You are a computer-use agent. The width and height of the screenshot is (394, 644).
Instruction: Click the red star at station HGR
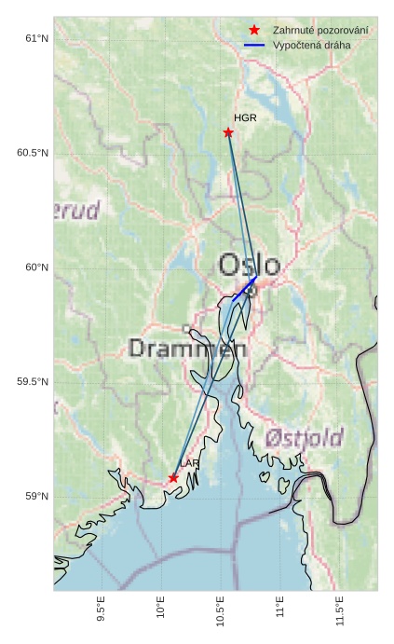tap(228, 132)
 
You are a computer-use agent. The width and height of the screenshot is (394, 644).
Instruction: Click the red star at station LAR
tap(173, 477)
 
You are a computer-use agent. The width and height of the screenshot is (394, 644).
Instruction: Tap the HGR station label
tap(245, 118)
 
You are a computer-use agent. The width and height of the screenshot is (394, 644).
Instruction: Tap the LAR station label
tap(190, 463)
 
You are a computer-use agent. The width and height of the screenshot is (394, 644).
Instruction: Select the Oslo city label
tap(249, 265)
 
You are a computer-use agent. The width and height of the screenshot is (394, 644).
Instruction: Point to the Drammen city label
tap(187, 349)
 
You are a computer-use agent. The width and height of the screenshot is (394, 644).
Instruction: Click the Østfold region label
tap(304, 437)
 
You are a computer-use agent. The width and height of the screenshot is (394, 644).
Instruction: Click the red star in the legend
tap(254, 31)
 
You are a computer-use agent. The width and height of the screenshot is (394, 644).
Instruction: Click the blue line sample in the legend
tap(254, 46)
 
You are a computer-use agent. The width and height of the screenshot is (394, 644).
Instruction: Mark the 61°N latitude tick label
tap(36, 38)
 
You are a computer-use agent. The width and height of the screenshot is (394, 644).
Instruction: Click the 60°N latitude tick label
tap(36, 267)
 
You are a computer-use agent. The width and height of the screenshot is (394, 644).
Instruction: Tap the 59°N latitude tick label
tap(36, 497)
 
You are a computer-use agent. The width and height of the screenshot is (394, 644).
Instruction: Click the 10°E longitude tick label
tap(161, 611)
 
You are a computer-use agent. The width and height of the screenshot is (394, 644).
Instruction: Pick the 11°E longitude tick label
tap(280, 611)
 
